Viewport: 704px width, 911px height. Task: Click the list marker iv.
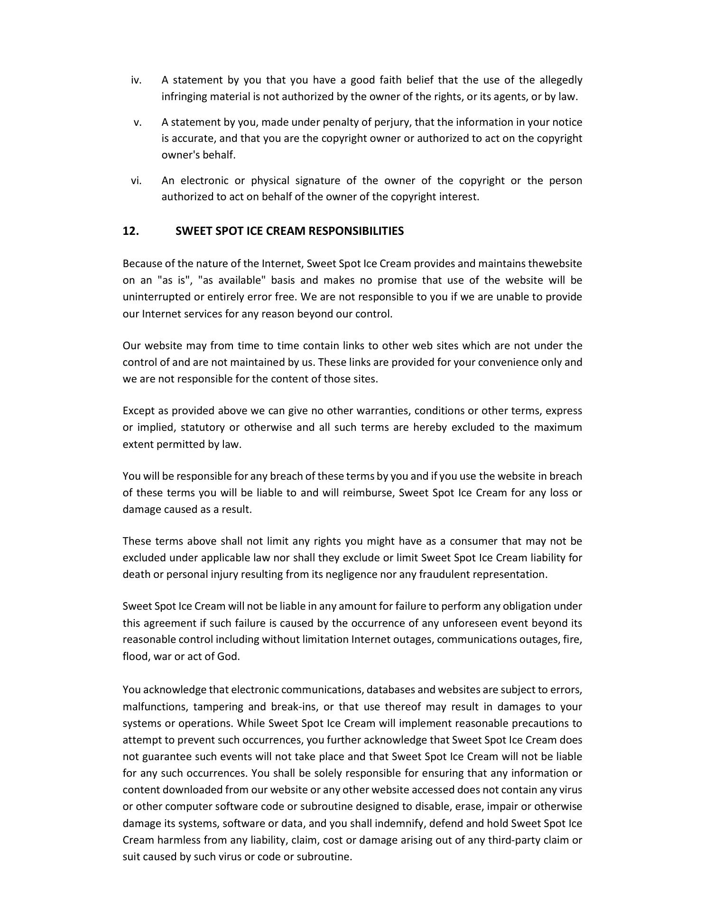(x=136, y=80)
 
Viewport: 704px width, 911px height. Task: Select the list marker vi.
(x=136, y=181)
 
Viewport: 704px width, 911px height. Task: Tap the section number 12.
(x=130, y=231)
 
